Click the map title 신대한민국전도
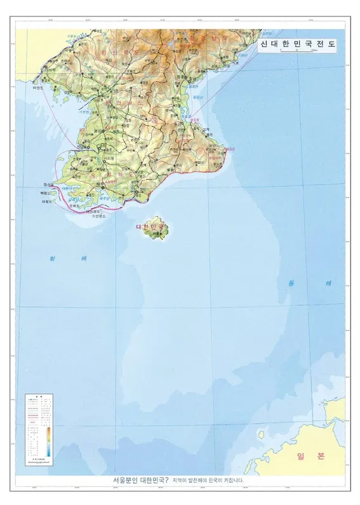tap(297, 45)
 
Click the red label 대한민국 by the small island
tap(150, 226)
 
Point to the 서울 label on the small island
tap(156, 233)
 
